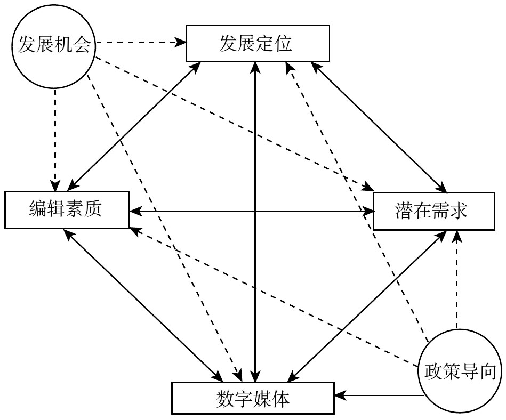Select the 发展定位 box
click(256, 44)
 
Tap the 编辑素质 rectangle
click(67, 210)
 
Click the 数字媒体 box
click(253, 398)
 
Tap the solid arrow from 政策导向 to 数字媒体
click(379, 395)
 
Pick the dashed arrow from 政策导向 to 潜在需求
click(456, 282)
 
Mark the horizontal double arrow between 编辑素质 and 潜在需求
click(213, 212)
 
